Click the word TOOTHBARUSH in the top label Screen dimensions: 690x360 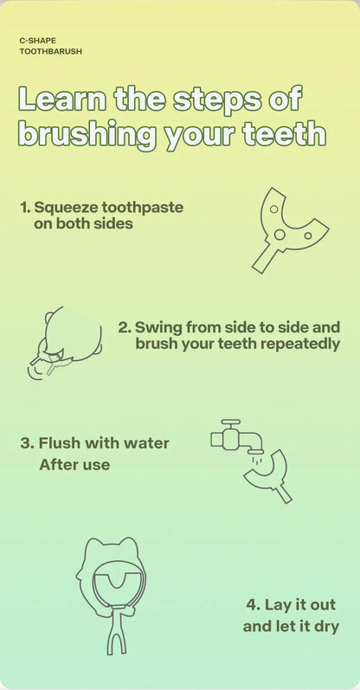[x=51, y=51]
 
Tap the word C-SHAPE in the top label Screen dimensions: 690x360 [x=38, y=39]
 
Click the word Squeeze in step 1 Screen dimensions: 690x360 [x=66, y=208]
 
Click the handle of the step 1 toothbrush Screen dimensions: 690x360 [x=264, y=256]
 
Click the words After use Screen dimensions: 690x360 [x=74, y=465]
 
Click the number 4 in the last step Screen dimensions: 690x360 [x=252, y=604]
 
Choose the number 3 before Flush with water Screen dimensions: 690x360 [x=26, y=443]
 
